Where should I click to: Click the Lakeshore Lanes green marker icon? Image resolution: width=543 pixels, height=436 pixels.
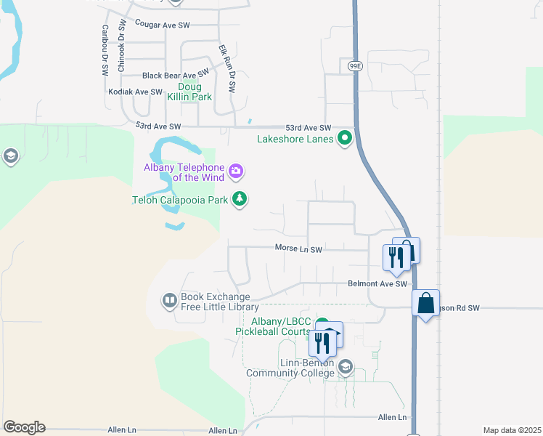tap(346, 137)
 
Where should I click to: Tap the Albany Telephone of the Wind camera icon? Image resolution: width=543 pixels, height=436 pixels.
tap(236, 171)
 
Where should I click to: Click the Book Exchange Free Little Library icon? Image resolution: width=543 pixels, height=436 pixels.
tap(169, 300)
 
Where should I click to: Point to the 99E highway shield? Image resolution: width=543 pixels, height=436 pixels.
tap(354, 65)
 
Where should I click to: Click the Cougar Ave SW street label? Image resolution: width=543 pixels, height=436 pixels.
tap(162, 25)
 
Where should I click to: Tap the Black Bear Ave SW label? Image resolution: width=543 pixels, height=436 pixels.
tap(175, 75)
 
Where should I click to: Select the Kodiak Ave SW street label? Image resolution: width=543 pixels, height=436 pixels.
tap(134, 92)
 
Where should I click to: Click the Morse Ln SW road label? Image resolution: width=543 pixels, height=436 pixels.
tap(298, 249)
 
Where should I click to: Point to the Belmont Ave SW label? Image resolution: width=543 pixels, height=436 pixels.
tap(377, 284)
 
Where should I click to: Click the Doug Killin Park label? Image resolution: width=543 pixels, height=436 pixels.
tap(189, 92)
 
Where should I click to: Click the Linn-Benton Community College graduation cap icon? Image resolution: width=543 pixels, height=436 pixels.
tap(346, 366)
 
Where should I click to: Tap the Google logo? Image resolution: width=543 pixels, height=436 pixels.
tap(24, 427)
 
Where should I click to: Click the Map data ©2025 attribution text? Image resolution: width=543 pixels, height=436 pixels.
tap(511, 430)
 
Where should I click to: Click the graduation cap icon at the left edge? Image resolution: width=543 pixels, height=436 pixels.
tap(10, 156)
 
